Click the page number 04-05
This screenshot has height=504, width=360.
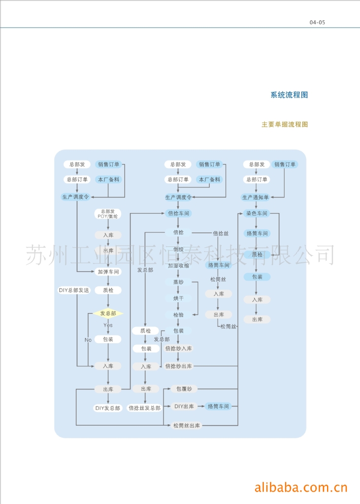pos(318,22)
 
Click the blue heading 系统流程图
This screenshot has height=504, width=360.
pos(289,95)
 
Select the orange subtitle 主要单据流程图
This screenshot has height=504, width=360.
pos(284,125)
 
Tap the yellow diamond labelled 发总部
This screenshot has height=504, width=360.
pos(108,314)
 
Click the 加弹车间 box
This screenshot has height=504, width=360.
pos(108,271)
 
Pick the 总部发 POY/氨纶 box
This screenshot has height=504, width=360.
pos(108,213)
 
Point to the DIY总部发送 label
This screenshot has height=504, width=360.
pos(74,290)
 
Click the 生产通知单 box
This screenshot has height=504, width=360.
pos(256,197)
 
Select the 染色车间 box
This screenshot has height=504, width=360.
pos(257,214)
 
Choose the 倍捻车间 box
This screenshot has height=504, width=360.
pos(178,214)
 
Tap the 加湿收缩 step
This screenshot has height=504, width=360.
pos(178,265)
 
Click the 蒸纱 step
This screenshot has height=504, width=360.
pos(178,282)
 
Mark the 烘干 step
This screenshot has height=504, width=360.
pos(178,298)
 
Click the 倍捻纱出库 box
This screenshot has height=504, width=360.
pos(178,366)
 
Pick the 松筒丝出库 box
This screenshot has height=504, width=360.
pos(186,425)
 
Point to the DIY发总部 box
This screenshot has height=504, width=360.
pos(108,408)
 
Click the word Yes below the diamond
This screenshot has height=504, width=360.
pos(108,325)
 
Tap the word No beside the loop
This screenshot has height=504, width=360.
pos(88,340)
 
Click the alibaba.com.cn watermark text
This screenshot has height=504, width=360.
pos(301,488)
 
